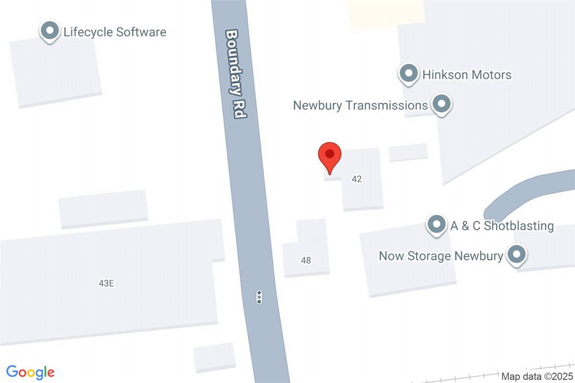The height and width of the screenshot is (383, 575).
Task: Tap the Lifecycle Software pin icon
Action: [x=49, y=32]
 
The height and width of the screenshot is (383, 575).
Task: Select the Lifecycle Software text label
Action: [x=115, y=32]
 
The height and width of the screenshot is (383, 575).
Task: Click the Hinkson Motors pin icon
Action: [x=408, y=74]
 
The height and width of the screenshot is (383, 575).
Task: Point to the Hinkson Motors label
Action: [x=467, y=75]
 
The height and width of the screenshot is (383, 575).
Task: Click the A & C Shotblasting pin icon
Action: [x=437, y=224]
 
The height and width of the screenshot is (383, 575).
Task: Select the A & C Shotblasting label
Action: [x=502, y=226]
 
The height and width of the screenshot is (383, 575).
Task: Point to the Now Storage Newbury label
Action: [x=441, y=255]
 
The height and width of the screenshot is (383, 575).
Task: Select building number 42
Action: [x=356, y=179]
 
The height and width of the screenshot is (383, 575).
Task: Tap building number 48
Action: [x=306, y=261]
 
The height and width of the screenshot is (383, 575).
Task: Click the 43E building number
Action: [x=106, y=283]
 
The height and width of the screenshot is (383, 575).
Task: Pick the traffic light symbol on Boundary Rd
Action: [x=259, y=297]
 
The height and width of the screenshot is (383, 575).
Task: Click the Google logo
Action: [x=30, y=372]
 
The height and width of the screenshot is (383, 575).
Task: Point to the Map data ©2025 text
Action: [x=536, y=376]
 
